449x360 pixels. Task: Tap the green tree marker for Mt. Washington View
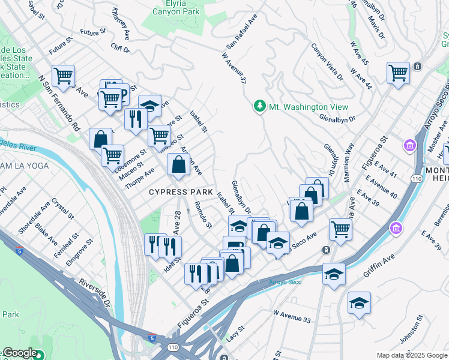[x=260, y=106]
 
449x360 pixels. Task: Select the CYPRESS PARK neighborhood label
[x=181, y=192]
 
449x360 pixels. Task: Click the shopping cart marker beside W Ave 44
[x=398, y=73]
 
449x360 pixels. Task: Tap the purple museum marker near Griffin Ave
[x=396, y=228]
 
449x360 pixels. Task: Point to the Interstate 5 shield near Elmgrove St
[x=20, y=252]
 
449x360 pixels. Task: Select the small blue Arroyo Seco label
[x=280, y=281]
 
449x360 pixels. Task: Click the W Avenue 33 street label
[x=292, y=316]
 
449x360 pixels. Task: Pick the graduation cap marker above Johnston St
[x=359, y=304]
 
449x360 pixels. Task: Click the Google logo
[x=19, y=353]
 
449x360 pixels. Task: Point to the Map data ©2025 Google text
[x=411, y=355]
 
